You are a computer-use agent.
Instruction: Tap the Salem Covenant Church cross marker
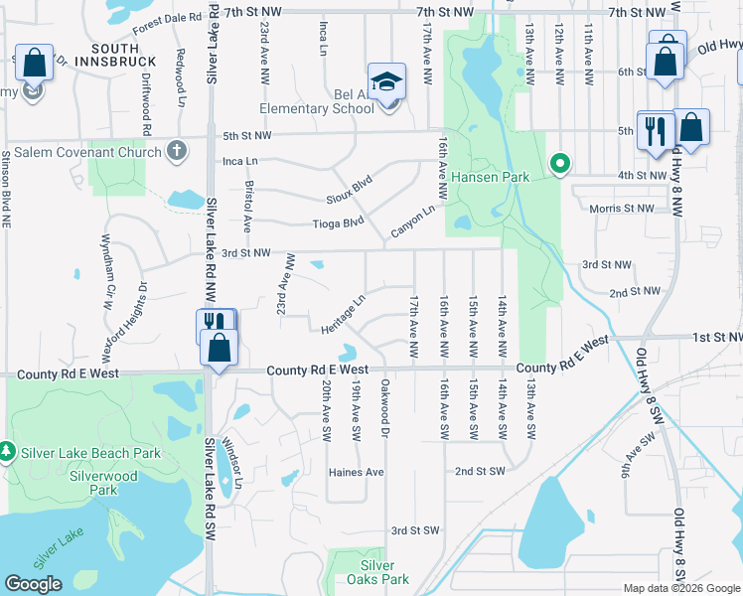176,152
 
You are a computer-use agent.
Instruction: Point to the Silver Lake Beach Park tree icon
7,452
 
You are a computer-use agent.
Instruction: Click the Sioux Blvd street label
348,186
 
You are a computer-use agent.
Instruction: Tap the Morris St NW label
621,209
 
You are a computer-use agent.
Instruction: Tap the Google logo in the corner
33,584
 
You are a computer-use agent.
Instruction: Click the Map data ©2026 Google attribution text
680,588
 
